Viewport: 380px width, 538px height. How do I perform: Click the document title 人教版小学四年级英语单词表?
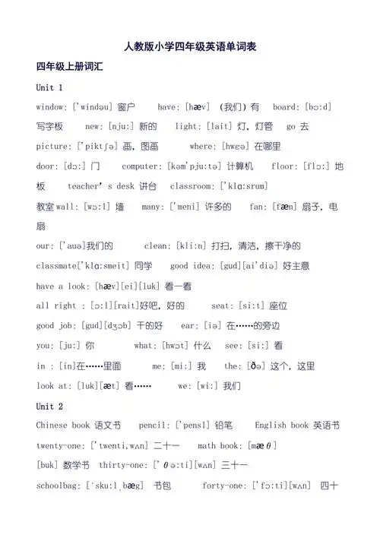point(189,46)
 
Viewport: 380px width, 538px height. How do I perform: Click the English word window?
point(51,107)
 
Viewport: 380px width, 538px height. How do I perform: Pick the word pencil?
point(155,426)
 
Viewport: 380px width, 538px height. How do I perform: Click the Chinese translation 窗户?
point(127,107)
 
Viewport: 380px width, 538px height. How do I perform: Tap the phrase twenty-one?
point(62,445)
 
